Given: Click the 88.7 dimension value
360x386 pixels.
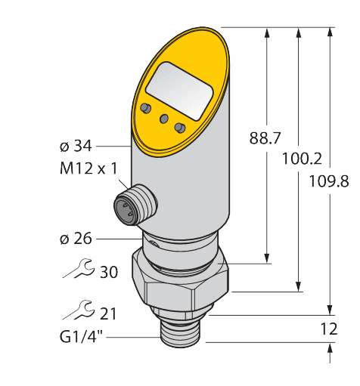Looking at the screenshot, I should tap(265, 138).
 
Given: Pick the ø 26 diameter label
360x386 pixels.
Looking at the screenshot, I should tap(76, 239).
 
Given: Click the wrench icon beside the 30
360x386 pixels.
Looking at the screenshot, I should tap(79, 268).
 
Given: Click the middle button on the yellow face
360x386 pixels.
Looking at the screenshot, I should tap(163, 119).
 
